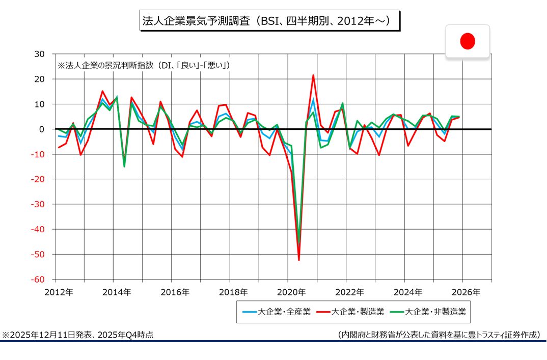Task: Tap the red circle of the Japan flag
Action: (x=468, y=41)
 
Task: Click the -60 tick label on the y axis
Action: (x=38, y=280)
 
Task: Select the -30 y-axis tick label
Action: (x=38, y=204)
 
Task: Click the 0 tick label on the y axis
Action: (x=43, y=129)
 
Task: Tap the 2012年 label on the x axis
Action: (x=59, y=292)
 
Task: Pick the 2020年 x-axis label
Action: (x=291, y=292)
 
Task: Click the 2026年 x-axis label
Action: (x=466, y=292)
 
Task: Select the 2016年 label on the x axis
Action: (x=175, y=292)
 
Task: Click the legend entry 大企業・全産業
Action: (x=277, y=312)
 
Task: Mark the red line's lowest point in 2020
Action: (x=299, y=260)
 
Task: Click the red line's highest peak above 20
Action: (x=313, y=75)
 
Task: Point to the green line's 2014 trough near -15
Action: (x=124, y=167)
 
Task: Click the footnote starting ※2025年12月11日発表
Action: (x=78, y=335)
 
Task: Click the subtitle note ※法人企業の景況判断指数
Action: (x=144, y=65)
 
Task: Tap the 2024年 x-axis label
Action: (x=407, y=292)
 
